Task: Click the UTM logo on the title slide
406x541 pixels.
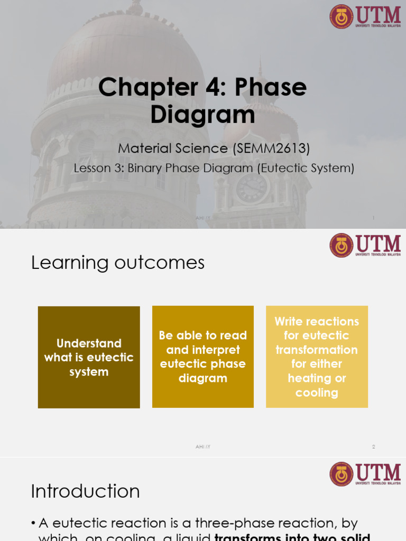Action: click(x=365, y=16)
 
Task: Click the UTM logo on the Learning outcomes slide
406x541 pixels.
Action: click(x=365, y=245)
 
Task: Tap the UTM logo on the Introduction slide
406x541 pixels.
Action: click(x=365, y=474)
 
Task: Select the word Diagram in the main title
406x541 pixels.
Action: click(x=202, y=114)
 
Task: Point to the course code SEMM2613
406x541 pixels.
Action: click(x=271, y=148)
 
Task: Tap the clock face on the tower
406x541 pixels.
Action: click(x=252, y=188)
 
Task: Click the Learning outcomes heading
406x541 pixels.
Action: click(x=117, y=263)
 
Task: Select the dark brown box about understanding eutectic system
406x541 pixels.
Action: click(x=89, y=357)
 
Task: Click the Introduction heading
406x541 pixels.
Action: click(x=85, y=491)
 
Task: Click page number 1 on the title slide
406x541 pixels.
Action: click(x=373, y=218)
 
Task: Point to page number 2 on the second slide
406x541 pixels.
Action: click(x=373, y=446)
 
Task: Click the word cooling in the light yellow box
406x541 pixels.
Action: click(x=317, y=393)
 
